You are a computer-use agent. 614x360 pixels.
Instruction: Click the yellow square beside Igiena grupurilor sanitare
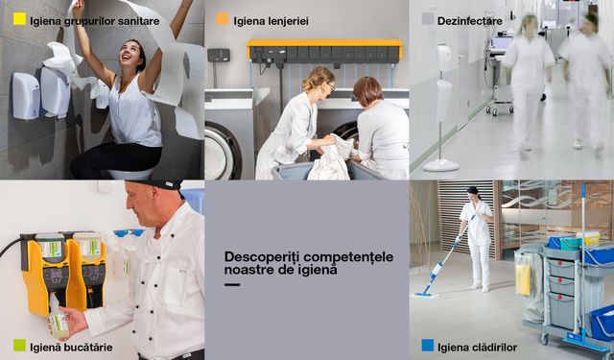[x=19, y=19]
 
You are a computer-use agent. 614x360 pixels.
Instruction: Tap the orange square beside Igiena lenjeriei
[x=223, y=19]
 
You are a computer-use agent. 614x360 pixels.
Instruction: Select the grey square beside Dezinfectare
[x=428, y=19]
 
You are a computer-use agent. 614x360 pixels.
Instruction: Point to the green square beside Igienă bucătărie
[x=19, y=346]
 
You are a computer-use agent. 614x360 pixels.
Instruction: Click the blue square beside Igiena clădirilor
[x=428, y=346]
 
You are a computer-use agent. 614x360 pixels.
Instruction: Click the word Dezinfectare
[x=469, y=21]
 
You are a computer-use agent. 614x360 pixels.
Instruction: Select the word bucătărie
[x=89, y=348]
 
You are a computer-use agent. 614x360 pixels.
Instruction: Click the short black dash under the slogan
[x=232, y=285]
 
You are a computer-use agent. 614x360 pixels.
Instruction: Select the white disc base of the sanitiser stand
[x=441, y=165]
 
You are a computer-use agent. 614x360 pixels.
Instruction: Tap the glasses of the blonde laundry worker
[x=330, y=85]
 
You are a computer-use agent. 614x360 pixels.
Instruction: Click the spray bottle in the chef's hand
[x=58, y=318]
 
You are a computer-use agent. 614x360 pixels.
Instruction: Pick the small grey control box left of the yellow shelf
[x=219, y=56]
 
